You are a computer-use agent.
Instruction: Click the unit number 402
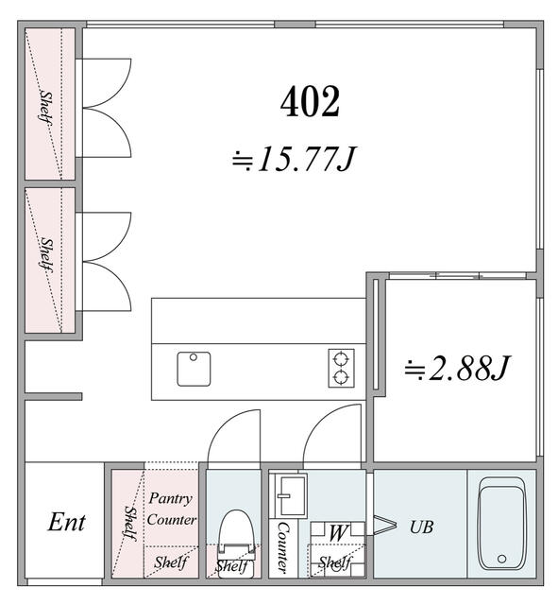[311, 101]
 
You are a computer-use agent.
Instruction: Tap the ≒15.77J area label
[294, 159]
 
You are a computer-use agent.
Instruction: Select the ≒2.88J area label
[457, 368]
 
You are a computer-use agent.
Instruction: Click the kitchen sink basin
[194, 369]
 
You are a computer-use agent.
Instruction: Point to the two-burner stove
[341, 368]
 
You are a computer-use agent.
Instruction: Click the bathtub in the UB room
[501, 523]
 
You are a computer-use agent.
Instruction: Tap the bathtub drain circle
[501, 559]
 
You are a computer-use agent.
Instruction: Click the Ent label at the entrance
[66, 522]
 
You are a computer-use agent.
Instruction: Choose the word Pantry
[170, 498]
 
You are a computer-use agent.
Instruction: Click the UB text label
[422, 527]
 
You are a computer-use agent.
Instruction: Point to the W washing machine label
[338, 533]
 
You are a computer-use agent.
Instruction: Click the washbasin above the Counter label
[288, 495]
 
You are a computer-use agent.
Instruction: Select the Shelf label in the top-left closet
[46, 107]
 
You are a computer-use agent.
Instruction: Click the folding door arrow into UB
[385, 525]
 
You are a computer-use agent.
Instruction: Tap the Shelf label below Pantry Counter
[170, 562]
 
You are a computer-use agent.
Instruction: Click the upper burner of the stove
[341, 359]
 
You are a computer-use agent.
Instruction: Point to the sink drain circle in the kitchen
[194, 357]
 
